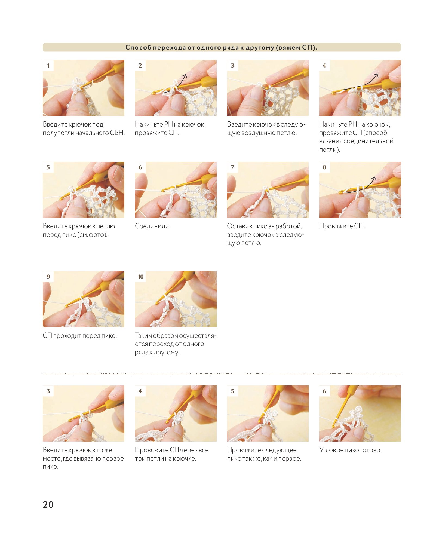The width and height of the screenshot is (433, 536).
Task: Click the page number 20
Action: click(48, 504)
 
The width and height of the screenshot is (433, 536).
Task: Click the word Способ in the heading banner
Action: click(138, 47)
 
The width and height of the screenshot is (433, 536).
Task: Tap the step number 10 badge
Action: click(140, 277)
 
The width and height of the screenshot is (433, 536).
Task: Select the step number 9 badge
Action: click(48, 277)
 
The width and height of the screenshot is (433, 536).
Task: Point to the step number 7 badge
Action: click(232, 167)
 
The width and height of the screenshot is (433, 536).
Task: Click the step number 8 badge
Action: click(324, 167)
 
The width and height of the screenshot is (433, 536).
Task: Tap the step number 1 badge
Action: click(48, 65)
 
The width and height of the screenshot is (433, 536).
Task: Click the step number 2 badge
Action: click(140, 65)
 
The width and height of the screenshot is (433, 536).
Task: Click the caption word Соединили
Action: click(152, 226)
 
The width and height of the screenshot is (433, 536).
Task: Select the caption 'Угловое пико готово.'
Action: click(350, 450)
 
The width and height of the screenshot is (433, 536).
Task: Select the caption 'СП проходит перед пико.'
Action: click(80, 336)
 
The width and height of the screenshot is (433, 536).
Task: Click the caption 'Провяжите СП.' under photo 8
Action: click(342, 226)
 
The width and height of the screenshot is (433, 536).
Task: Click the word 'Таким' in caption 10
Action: click(143, 336)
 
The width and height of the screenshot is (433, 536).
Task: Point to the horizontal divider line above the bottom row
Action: click(222, 374)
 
